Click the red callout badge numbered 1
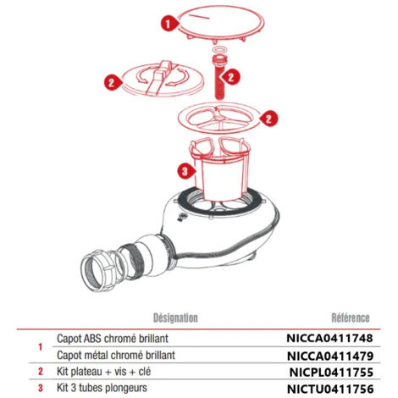pos(169,24)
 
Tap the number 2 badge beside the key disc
pos(112,82)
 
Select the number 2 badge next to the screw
pos(231,77)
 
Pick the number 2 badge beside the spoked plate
pos(269,119)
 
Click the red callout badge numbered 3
pos(185,171)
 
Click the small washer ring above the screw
pos(219,50)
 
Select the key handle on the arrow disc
pos(158,77)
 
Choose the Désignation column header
pos(175,318)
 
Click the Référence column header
pos(351,318)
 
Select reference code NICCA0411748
pos(329,338)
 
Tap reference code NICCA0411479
pos(330,356)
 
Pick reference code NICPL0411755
pos(331,373)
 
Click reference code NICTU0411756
pos(330,390)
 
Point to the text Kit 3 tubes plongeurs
pos(102,388)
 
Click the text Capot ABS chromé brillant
pos(113,338)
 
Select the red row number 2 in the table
pos(41,372)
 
